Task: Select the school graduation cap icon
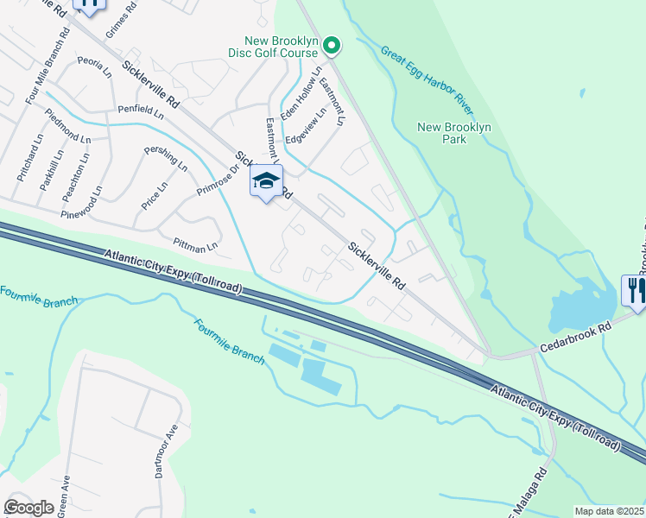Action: [x=267, y=181]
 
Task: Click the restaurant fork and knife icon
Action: [x=634, y=289]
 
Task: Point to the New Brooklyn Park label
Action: [x=454, y=133]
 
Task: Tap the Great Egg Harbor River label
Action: [x=427, y=80]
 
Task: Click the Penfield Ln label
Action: [x=141, y=111]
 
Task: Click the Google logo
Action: [x=29, y=508]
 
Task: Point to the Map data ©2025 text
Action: [x=610, y=511]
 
